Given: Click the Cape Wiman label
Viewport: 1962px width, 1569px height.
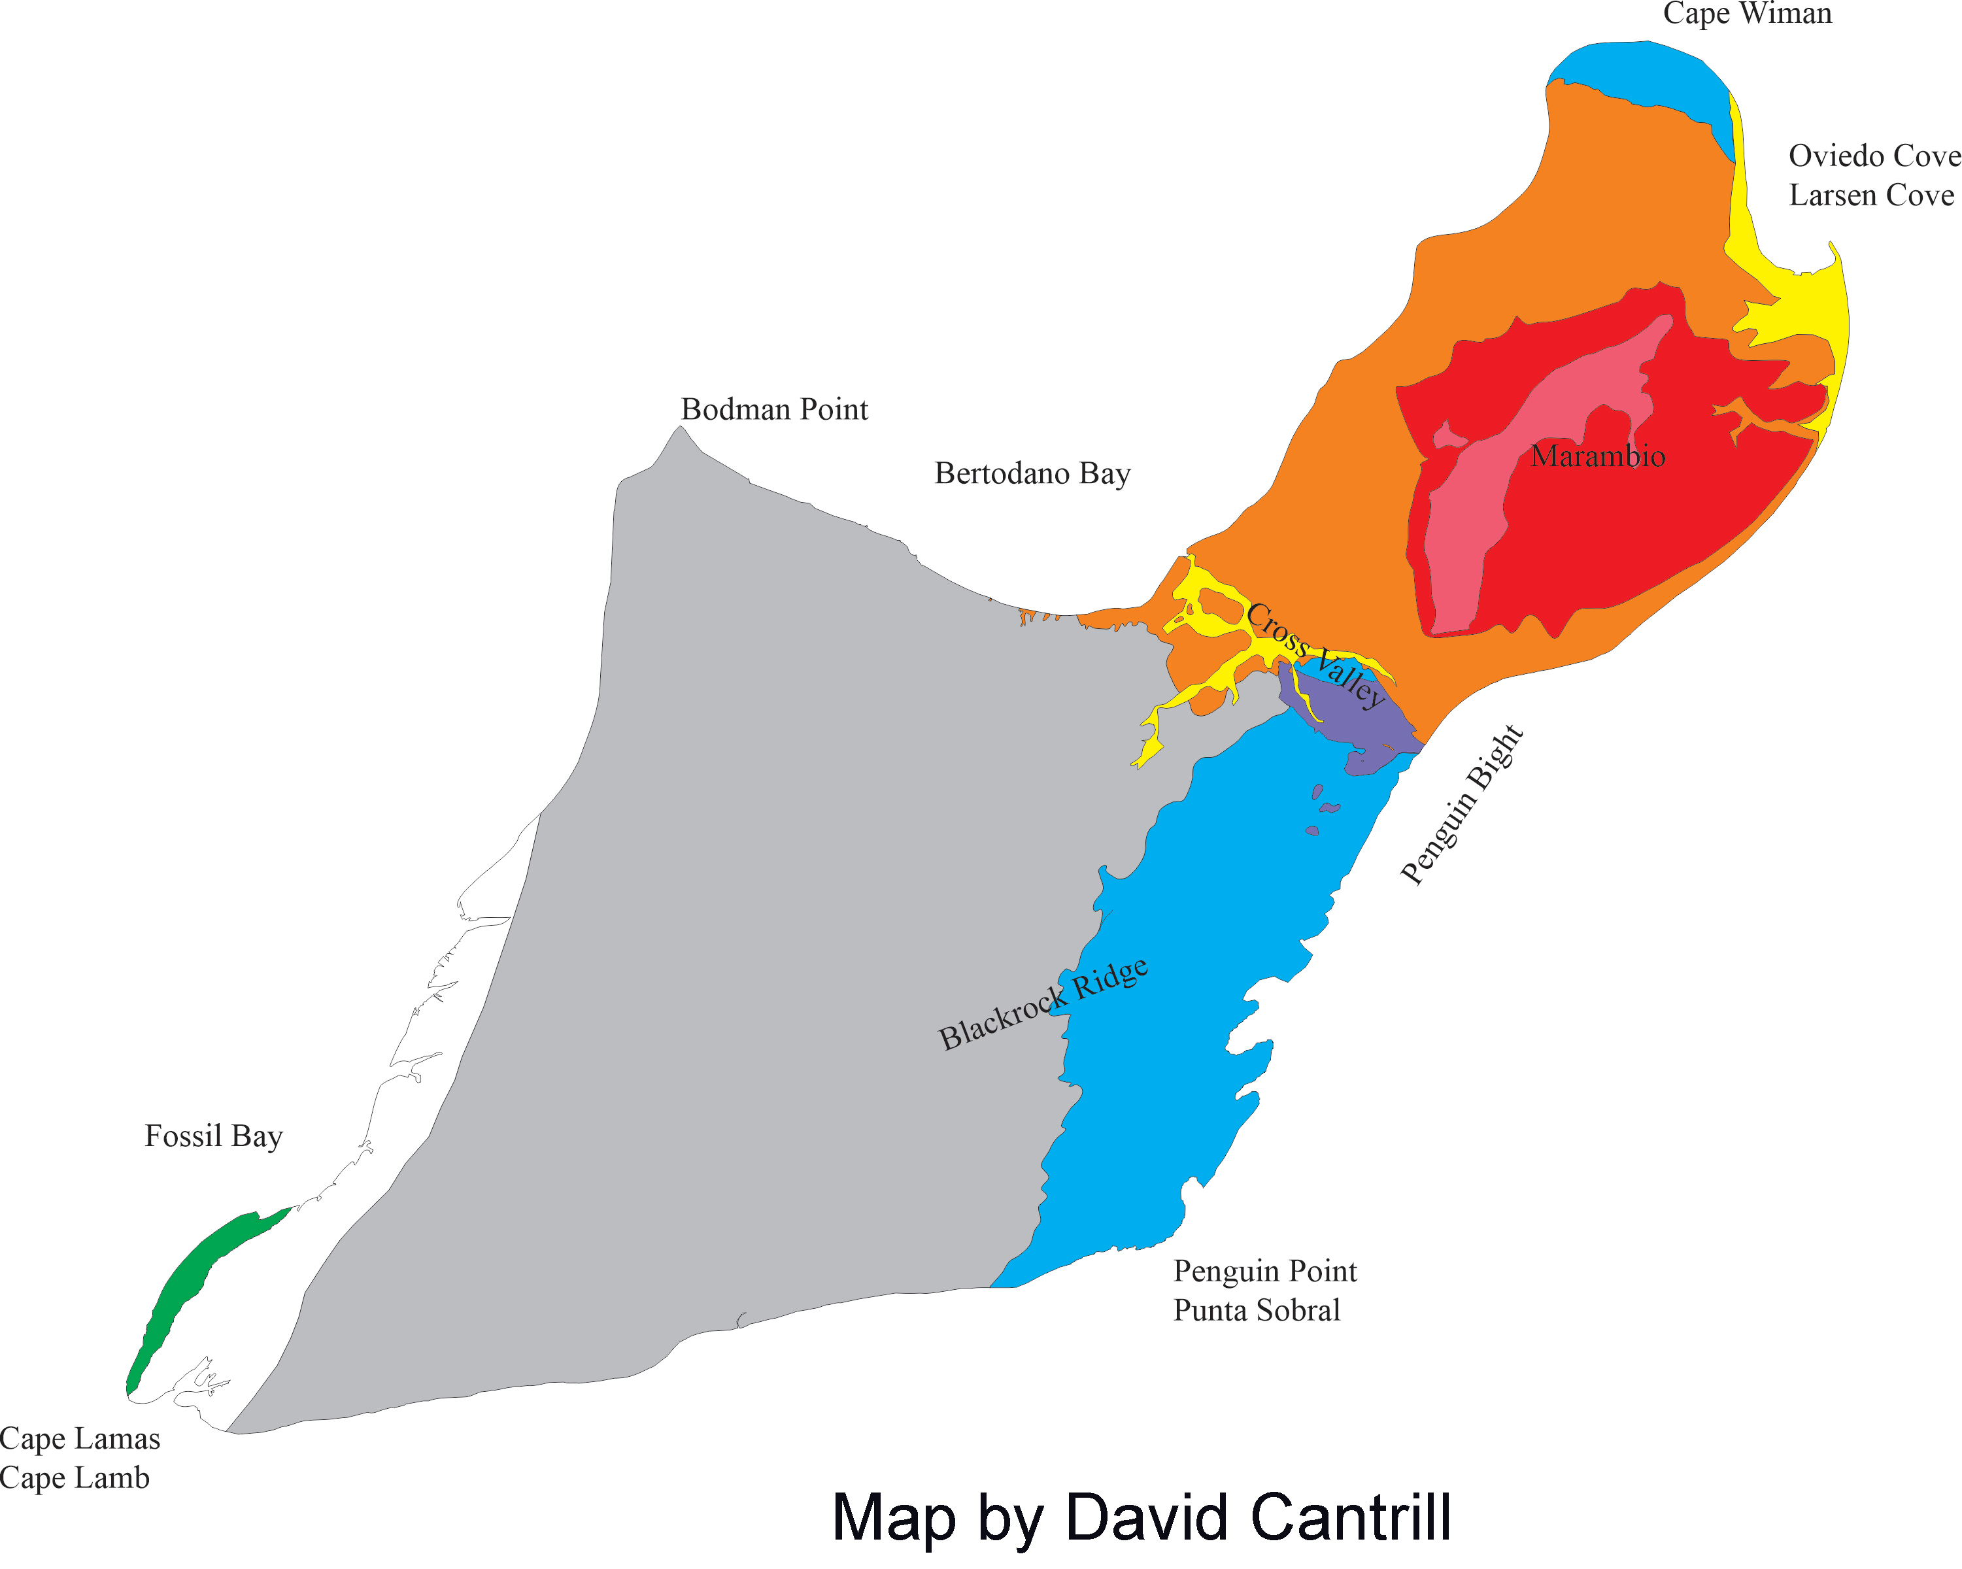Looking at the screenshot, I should click(1748, 14).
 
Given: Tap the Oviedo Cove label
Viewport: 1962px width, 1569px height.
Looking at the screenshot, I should click(1874, 156).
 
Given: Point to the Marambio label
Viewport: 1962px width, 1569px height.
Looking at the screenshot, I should click(1597, 456).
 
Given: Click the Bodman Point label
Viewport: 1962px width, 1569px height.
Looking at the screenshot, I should click(775, 409).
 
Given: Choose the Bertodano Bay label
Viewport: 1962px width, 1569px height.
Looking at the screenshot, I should click(1032, 473).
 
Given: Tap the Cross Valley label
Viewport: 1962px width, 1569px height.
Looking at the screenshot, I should click(1315, 654).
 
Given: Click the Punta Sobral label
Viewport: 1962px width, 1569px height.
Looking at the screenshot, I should click(1257, 1311).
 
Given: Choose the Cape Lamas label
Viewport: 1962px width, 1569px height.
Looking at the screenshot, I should click(80, 1438).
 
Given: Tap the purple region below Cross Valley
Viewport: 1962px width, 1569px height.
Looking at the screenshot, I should click(1356, 719).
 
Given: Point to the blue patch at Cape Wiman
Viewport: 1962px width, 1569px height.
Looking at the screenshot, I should click(1638, 73).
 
